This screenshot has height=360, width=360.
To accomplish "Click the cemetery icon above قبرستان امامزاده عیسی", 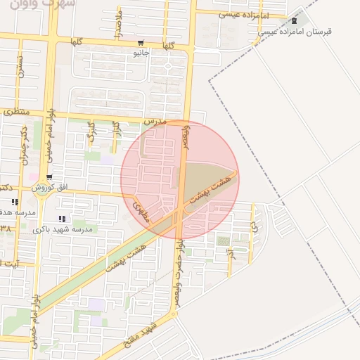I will click(x=294, y=20).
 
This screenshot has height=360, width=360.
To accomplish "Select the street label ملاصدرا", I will click(x=120, y=24).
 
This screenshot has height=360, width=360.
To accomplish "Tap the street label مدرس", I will click(x=154, y=122).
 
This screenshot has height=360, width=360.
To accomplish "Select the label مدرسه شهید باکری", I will click(x=64, y=229).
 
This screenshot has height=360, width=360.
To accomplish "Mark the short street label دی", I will click(x=253, y=227).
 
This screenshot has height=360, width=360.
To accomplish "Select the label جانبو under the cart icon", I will click(x=141, y=52).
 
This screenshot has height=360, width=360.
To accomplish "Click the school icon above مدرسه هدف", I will click(x=15, y=202).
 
